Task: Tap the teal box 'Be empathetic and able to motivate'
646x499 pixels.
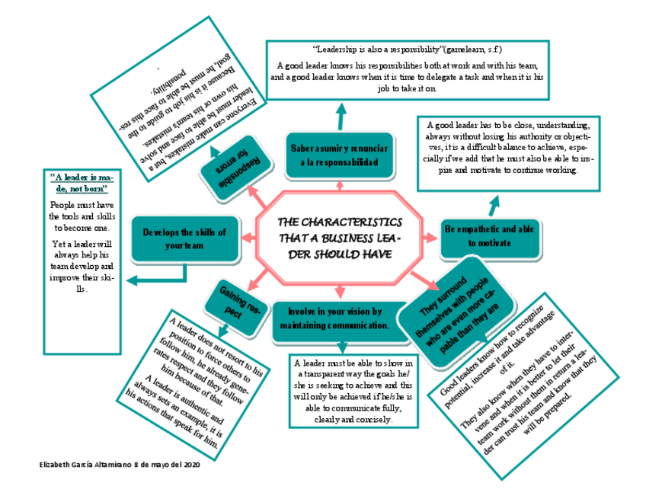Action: point(489,237)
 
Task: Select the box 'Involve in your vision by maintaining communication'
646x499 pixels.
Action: point(335,318)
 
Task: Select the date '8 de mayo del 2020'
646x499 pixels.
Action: point(167,463)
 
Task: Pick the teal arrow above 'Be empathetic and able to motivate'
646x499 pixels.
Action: point(494,204)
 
